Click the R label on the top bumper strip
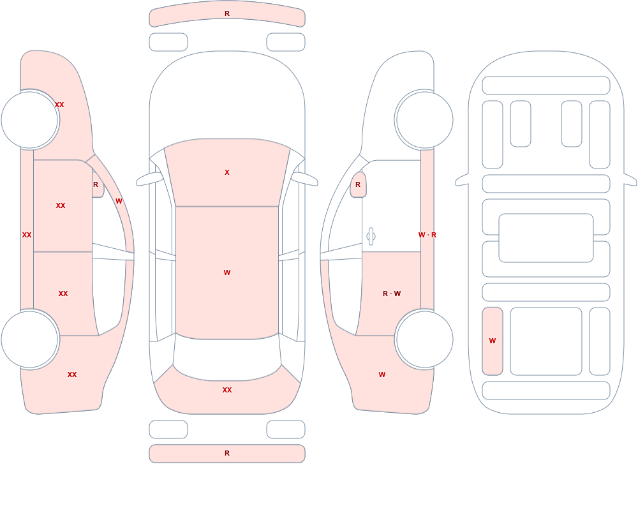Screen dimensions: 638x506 point(227,13)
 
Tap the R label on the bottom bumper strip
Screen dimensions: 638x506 point(227,453)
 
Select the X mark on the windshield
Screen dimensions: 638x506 point(227,172)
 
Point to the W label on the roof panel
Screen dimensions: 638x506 point(227,272)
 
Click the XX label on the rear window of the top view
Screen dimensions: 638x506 point(227,390)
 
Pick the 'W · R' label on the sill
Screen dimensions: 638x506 point(427,235)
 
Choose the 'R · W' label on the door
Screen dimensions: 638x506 point(392,294)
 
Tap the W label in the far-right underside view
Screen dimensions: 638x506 point(493,341)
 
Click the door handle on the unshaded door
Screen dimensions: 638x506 point(371,237)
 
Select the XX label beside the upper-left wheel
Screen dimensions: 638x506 point(59,105)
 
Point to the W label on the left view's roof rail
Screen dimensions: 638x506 point(119,201)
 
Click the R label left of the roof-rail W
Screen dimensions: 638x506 point(96,184)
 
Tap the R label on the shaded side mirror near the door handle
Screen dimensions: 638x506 point(358,184)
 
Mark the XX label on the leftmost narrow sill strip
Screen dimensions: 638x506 point(27,235)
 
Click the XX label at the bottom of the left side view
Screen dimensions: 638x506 point(72,375)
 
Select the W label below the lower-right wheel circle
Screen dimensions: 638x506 point(382,375)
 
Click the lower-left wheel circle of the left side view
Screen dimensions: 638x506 point(29,339)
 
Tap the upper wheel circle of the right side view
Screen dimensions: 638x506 point(425,120)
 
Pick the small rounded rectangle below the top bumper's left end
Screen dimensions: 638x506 point(168,42)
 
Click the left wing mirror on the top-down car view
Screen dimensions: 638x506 point(149,179)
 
